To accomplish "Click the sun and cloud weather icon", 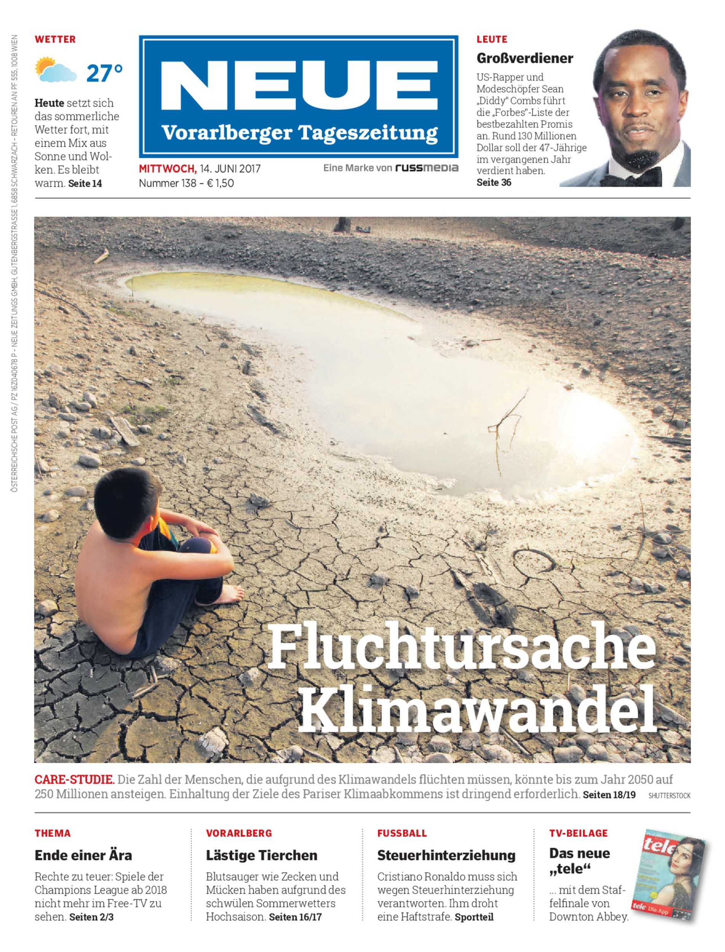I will pyautogui.click(x=56, y=70).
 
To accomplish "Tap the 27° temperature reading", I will pyautogui.click(x=104, y=73).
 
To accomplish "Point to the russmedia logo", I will pyautogui.click(x=427, y=168).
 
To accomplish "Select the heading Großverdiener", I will pyautogui.click(x=525, y=58).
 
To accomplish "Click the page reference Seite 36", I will pyautogui.click(x=494, y=182).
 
